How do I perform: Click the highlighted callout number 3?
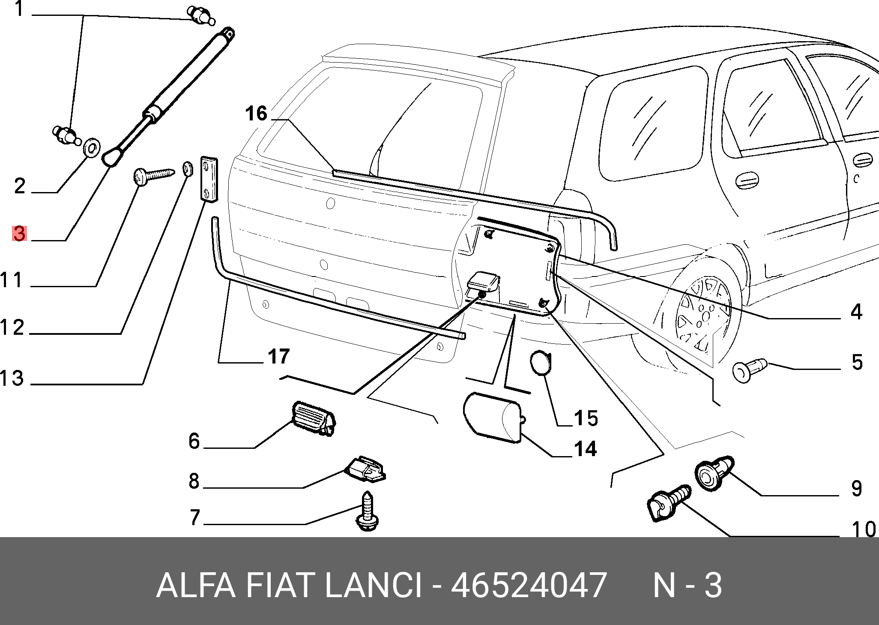click(19, 234)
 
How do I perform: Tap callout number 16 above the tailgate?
click(256, 114)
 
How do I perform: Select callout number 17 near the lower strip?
click(279, 356)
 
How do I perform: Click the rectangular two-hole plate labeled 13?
click(209, 178)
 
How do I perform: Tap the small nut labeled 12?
click(187, 168)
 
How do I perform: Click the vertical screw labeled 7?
click(368, 511)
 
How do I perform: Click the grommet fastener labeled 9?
click(715, 473)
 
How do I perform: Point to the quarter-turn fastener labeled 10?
click(669, 502)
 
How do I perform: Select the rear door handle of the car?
click(747, 180)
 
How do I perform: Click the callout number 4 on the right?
click(856, 312)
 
